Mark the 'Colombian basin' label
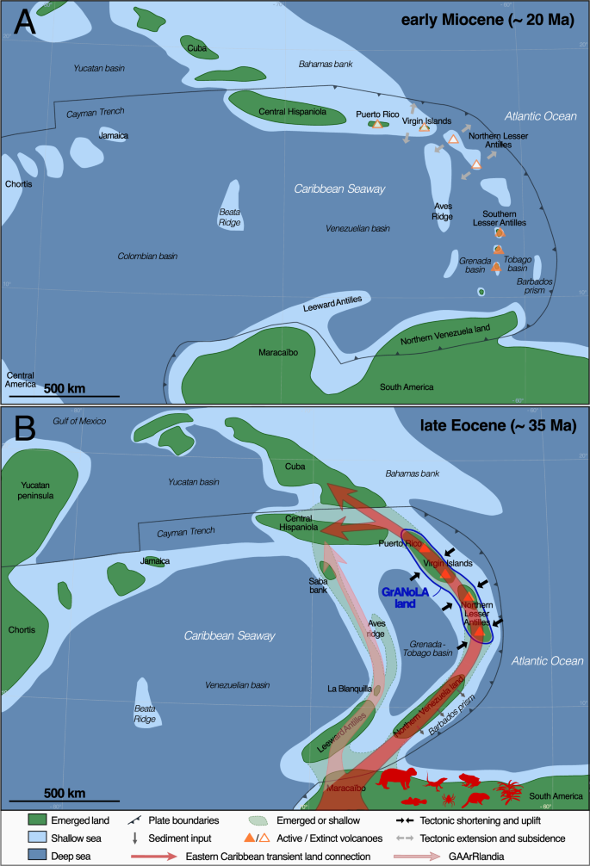pos(147,256)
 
